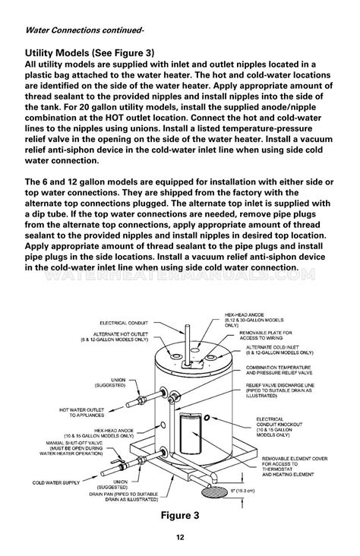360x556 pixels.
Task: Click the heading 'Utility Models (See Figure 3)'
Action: pos(90,52)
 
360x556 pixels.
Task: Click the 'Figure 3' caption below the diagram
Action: pos(180,494)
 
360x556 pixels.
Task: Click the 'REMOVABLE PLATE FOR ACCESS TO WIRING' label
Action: pos(276,336)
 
